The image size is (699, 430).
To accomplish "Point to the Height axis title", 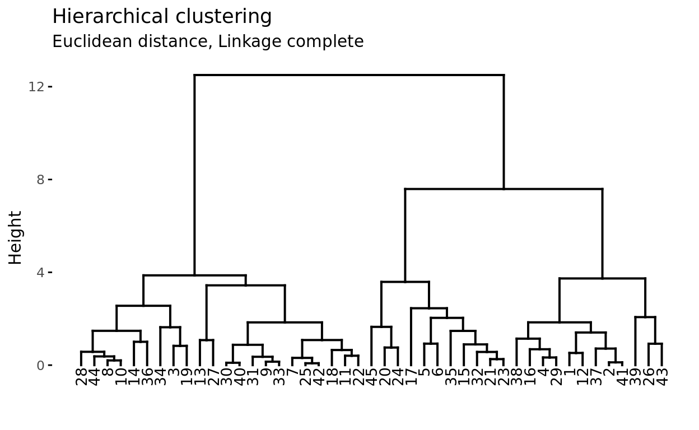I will [x=16, y=237].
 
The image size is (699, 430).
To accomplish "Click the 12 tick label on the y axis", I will [x=36, y=87].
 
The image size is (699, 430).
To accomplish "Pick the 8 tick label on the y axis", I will [x=40, y=180].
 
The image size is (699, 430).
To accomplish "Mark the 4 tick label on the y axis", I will [x=40, y=273].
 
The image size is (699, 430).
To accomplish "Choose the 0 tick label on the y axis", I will [x=40, y=366].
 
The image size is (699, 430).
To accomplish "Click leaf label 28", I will [x=81, y=377].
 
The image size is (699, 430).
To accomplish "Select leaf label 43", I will [x=662, y=377].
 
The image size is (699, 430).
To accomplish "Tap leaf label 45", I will [x=371, y=377].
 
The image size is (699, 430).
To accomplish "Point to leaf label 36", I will [x=147, y=377].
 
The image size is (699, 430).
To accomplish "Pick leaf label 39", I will [x=635, y=377].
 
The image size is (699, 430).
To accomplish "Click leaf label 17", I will [x=411, y=377].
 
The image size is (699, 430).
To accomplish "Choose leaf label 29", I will [x=556, y=377].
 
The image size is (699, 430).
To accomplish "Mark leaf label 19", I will [x=187, y=377].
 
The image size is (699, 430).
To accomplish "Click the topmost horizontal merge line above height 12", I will [x=349, y=75].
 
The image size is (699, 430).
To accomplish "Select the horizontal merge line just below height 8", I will [x=504, y=189].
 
